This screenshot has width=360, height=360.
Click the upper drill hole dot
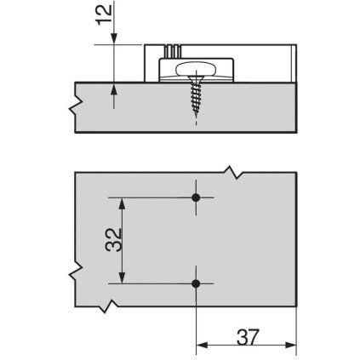tap(197, 198)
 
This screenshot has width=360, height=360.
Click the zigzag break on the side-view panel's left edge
tap(77, 106)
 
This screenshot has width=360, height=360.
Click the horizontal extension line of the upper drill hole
tap(153, 198)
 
